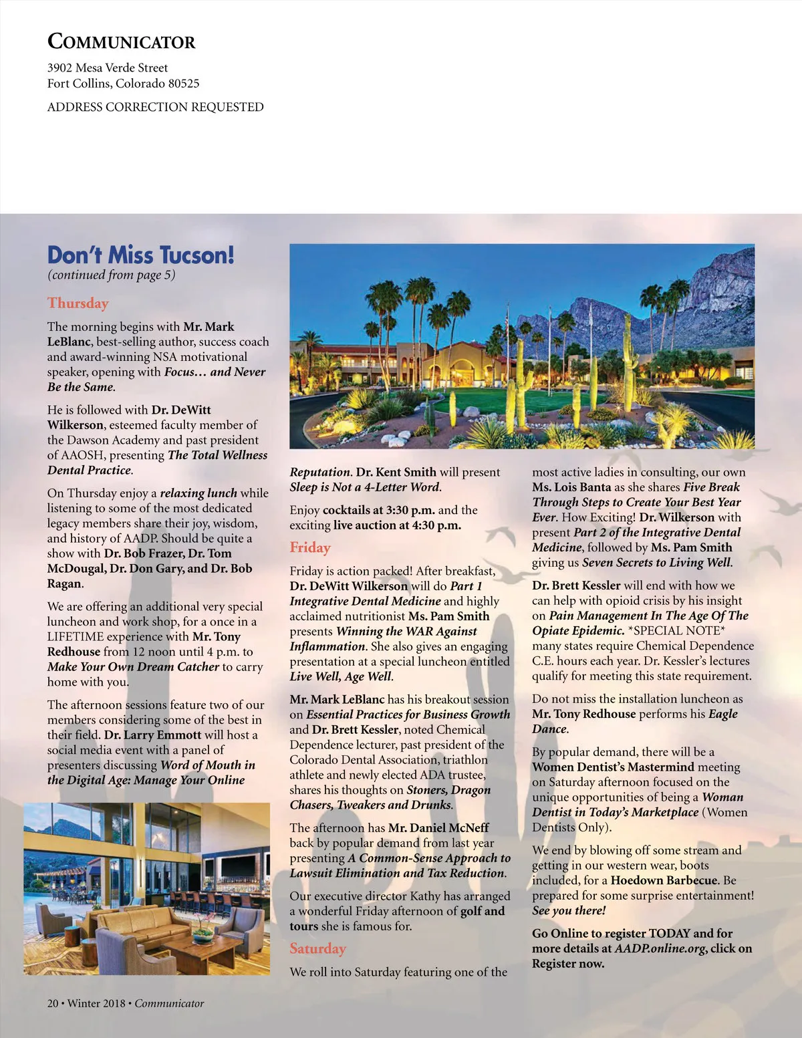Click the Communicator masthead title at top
121,41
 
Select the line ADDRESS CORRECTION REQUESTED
155,107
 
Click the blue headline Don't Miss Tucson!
140,255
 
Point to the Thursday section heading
78,303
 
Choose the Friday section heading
310,547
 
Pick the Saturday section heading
317,948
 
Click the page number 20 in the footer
53,1003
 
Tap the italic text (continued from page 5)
111,275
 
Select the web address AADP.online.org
660,948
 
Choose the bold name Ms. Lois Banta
571,487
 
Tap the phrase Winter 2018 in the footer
96,1003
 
